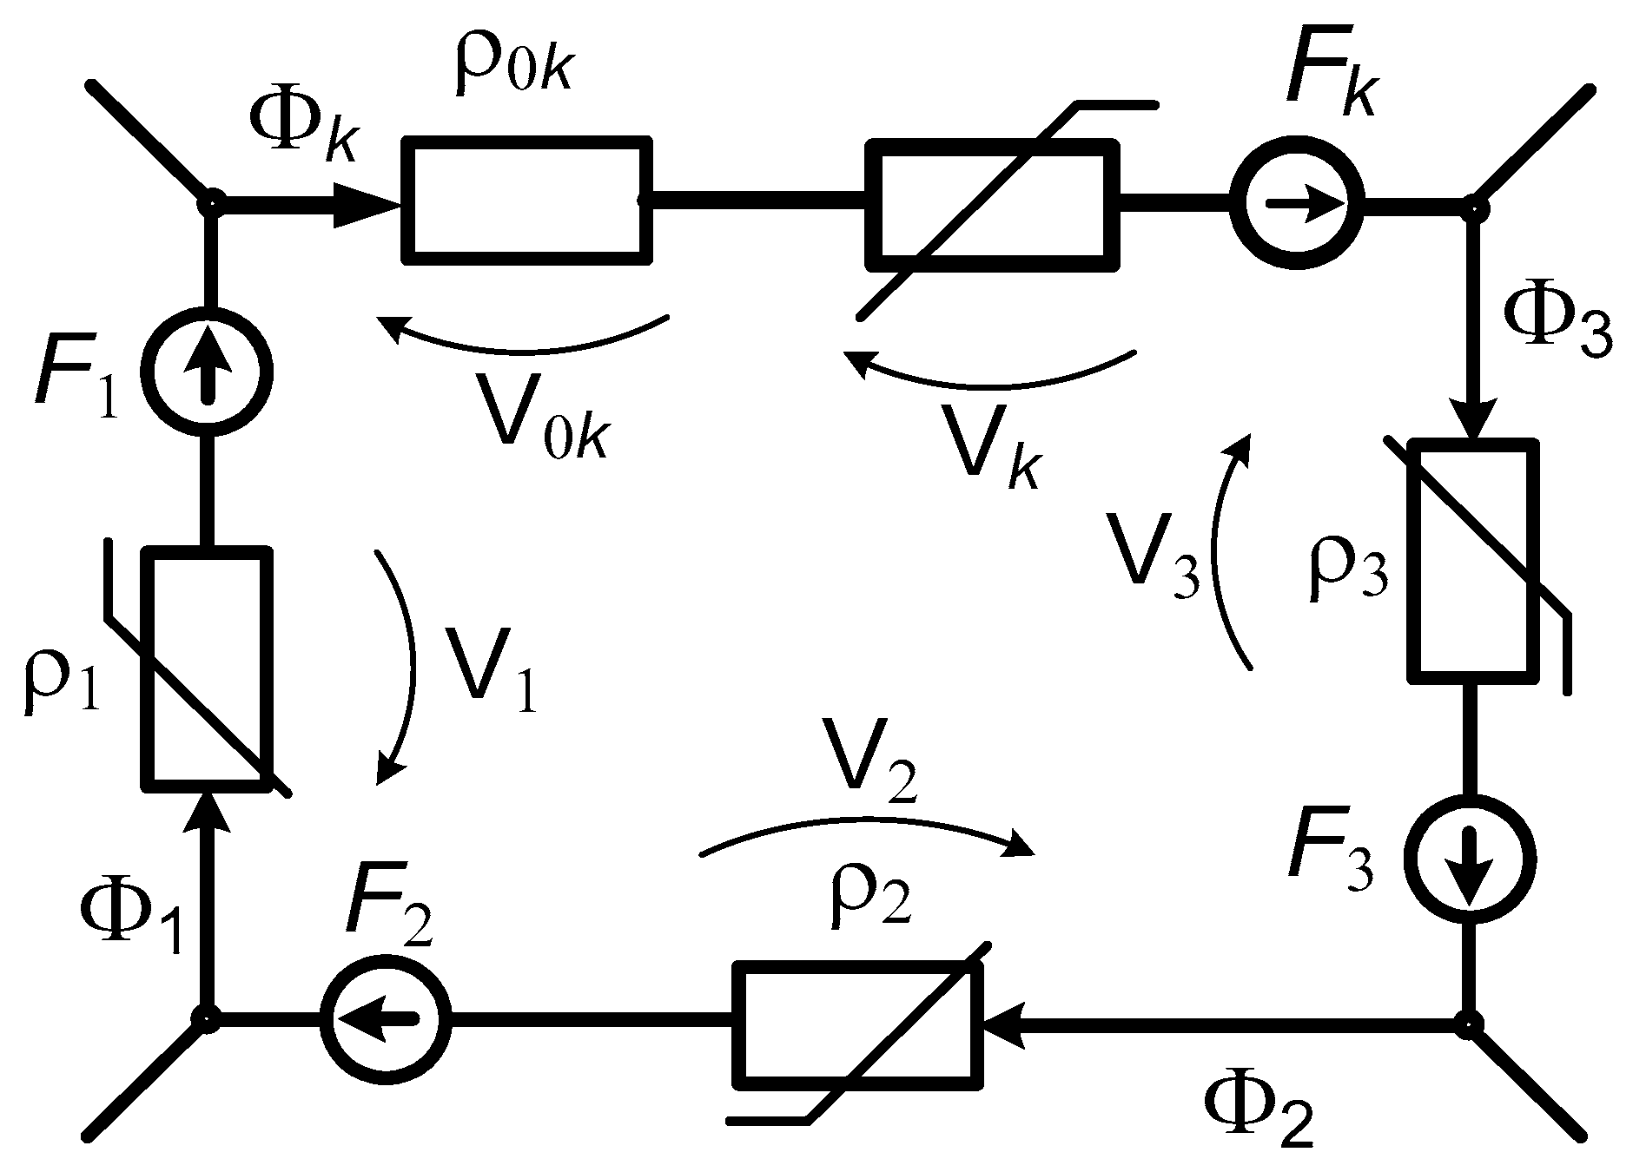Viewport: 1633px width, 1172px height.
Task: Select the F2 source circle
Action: pos(385,1017)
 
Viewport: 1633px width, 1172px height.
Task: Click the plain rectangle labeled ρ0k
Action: pos(526,200)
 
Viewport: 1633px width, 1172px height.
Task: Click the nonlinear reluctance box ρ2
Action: pos(858,1024)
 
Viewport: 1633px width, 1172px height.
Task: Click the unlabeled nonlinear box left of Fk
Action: pos(992,206)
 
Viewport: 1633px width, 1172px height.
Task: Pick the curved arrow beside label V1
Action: pos(401,668)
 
